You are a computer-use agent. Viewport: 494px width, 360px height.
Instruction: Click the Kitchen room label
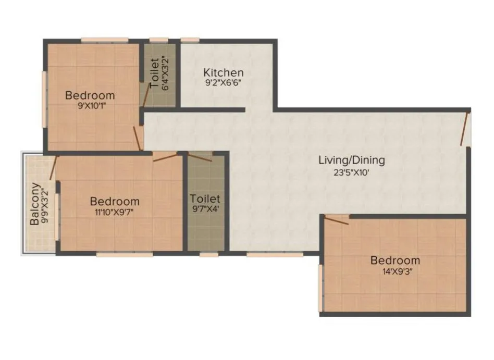pyautogui.click(x=223, y=72)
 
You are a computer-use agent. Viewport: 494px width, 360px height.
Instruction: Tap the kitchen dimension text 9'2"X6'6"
pyautogui.click(x=223, y=82)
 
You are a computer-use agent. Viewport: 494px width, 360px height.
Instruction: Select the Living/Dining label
pyautogui.click(x=351, y=160)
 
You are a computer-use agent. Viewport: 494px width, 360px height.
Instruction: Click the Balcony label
pyautogui.click(x=34, y=204)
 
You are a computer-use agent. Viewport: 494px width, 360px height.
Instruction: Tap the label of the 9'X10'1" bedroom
pyautogui.click(x=90, y=95)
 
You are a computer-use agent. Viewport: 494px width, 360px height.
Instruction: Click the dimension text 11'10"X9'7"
pyautogui.click(x=115, y=212)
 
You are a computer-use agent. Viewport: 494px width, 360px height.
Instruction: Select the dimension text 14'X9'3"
pyautogui.click(x=395, y=271)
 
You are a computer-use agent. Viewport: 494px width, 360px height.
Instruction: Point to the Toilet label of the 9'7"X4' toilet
pyautogui.click(x=205, y=199)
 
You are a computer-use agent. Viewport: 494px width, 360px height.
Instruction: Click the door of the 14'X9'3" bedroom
pyautogui.click(x=337, y=220)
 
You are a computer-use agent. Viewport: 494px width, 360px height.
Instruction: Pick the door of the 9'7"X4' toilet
pyautogui.click(x=200, y=157)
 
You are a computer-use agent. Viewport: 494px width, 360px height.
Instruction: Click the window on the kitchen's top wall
pyautogui.click(x=190, y=40)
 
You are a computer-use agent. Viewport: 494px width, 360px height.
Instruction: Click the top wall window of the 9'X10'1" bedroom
pyautogui.click(x=105, y=40)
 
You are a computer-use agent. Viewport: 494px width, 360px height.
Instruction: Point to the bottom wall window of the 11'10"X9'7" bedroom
pyautogui.click(x=125, y=255)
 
